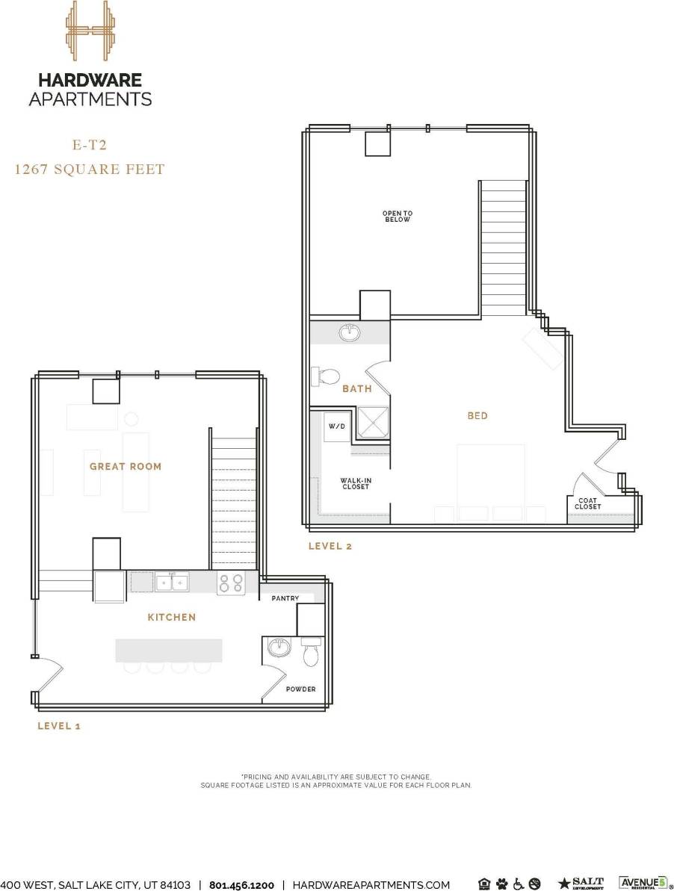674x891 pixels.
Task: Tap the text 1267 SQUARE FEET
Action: pyautogui.click(x=90, y=170)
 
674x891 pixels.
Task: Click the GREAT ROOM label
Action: pyautogui.click(x=126, y=467)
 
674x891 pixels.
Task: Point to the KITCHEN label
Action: pyautogui.click(x=172, y=618)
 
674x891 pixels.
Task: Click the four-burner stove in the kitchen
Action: pyautogui.click(x=231, y=583)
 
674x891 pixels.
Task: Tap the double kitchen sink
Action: pyautogui.click(x=172, y=581)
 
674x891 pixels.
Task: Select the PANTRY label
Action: pyautogui.click(x=285, y=598)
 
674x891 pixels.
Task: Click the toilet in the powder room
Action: pyautogui.click(x=311, y=652)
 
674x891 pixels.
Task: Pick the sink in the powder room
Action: pyautogui.click(x=278, y=647)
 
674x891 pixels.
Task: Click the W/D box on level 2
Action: pyautogui.click(x=335, y=426)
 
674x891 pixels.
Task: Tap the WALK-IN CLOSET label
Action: pyautogui.click(x=355, y=484)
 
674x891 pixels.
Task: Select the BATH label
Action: pyautogui.click(x=357, y=389)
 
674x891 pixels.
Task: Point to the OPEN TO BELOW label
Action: pyautogui.click(x=398, y=217)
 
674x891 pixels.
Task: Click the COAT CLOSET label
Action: pyautogui.click(x=587, y=503)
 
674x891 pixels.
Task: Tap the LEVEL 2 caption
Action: pyautogui.click(x=330, y=547)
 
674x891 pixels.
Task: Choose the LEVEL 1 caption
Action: pyautogui.click(x=59, y=726)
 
